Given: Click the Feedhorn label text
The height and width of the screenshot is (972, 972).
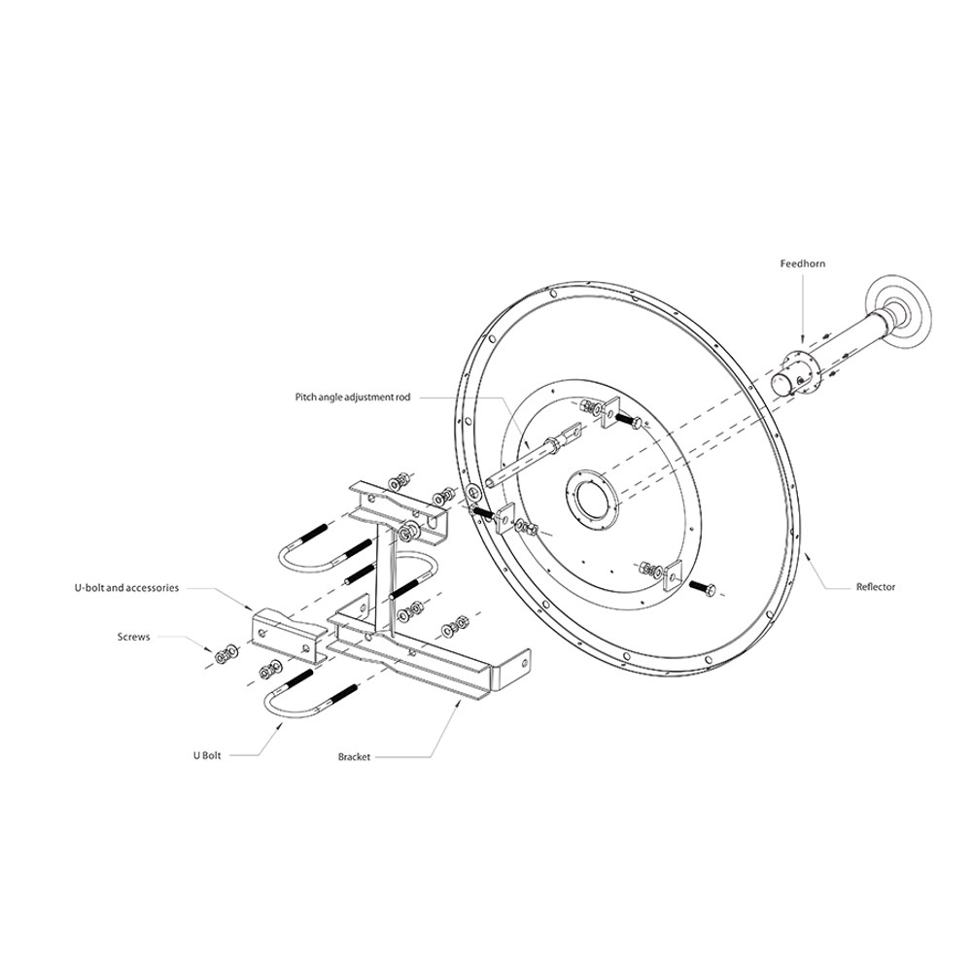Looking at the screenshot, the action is pos(802,263).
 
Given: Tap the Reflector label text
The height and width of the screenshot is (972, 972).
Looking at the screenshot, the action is pos(876,586).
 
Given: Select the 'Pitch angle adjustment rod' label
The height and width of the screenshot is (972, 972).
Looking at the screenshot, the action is pos(352,397).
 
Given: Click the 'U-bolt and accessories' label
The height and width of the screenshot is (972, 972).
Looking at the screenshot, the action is pos(126,588).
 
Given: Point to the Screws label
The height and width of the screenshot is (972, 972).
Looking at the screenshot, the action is pos(133,637).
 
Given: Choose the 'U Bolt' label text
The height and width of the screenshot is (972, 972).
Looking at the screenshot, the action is pos(206,755).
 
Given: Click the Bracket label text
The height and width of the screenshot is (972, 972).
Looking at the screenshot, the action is pos(354,756).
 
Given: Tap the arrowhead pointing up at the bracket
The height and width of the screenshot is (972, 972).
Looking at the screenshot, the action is pos(458,703).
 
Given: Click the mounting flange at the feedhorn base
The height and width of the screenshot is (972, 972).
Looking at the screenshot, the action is pos(799,370).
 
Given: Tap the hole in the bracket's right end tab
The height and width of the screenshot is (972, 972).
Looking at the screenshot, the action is pos(525,662).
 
